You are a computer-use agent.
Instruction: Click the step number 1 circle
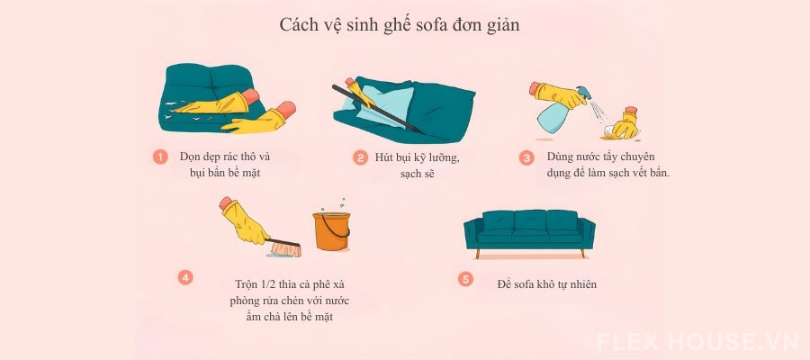pyautogui.click(x=160, y=157)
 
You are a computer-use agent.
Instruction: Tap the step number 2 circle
pyautogui.click(x=360, y=157)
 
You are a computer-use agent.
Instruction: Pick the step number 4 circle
pyautogui.click(x=185, y=277)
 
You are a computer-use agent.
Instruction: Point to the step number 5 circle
pyautogui.click(x=465, y=279)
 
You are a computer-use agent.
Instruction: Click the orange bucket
pyautogui.click(x=331, y=230)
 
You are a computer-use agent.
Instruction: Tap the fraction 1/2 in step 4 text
pyautogui.click(x=268, y=283)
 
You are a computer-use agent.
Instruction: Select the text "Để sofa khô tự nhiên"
pyautogui.click(x=546, y=284)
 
